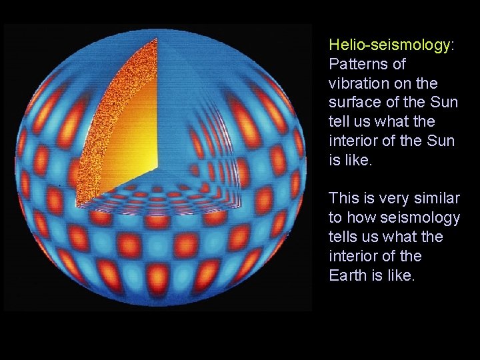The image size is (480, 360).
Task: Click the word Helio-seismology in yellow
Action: tap(389, 45)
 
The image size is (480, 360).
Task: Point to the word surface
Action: tap(353, 103)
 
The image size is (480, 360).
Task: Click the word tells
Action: tap(344, 237)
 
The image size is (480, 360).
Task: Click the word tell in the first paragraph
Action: tap(340, 122)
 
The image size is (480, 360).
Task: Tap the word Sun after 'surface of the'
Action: tap(445, 103)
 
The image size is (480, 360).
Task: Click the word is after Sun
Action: tap(335, 160)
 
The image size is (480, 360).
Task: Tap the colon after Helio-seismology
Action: tap(453, 45)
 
